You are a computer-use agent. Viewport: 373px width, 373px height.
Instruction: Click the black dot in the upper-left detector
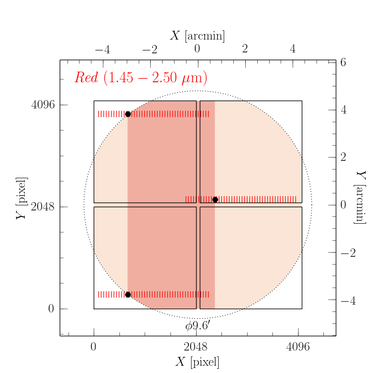point(128,114)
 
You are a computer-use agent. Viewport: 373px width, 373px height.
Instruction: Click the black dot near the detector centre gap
point(215,199)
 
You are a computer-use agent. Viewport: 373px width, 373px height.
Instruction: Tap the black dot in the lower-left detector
point(128,294)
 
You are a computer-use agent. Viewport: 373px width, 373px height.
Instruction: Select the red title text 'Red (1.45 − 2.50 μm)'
point(141,78)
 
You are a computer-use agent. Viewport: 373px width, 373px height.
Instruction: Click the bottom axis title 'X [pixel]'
point(198,362)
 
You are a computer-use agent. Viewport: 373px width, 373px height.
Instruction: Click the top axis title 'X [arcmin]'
point(198,36)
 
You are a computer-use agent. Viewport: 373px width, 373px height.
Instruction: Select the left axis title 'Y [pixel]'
point(21,198)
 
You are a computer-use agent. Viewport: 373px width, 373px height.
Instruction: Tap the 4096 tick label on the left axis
point(43,105)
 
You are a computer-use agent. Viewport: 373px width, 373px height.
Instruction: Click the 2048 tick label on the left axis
point(43,207)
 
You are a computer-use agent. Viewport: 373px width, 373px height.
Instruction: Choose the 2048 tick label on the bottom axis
point(196,348)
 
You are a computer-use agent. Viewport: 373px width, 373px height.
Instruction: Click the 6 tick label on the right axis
point(343,62)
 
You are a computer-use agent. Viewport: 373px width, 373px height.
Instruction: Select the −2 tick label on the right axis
point(345,252)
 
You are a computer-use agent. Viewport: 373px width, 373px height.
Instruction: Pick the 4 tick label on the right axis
point(343,110)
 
